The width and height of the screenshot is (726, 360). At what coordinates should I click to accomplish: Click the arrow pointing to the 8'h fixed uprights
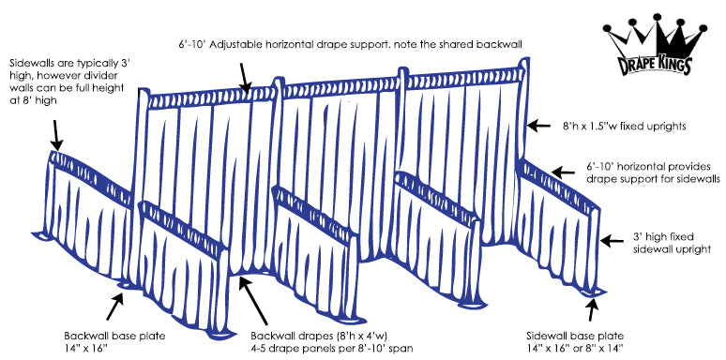(x=539, y=126)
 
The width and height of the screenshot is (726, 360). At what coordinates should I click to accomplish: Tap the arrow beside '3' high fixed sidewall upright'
(x=612, y=241)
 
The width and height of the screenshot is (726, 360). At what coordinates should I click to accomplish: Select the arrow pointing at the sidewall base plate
(x=592, y=309)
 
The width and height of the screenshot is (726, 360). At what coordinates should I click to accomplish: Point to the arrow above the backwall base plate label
(x=114, y=306)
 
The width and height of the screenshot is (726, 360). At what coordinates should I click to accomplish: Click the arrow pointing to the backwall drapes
(x=253, y=300)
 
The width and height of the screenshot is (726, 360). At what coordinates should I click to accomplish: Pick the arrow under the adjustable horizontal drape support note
(x=245, y=78)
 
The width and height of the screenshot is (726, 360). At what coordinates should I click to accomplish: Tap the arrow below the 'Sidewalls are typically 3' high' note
(x=56, y=135)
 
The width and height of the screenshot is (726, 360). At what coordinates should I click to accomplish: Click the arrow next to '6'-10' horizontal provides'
(x=563, y=173)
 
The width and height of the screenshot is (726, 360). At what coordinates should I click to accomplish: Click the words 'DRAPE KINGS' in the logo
(x=655, y=66)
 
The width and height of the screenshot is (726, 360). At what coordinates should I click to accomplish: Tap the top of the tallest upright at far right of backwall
(x=523, y=59)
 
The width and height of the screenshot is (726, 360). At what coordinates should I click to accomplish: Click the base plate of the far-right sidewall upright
(x=593, y=292)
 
